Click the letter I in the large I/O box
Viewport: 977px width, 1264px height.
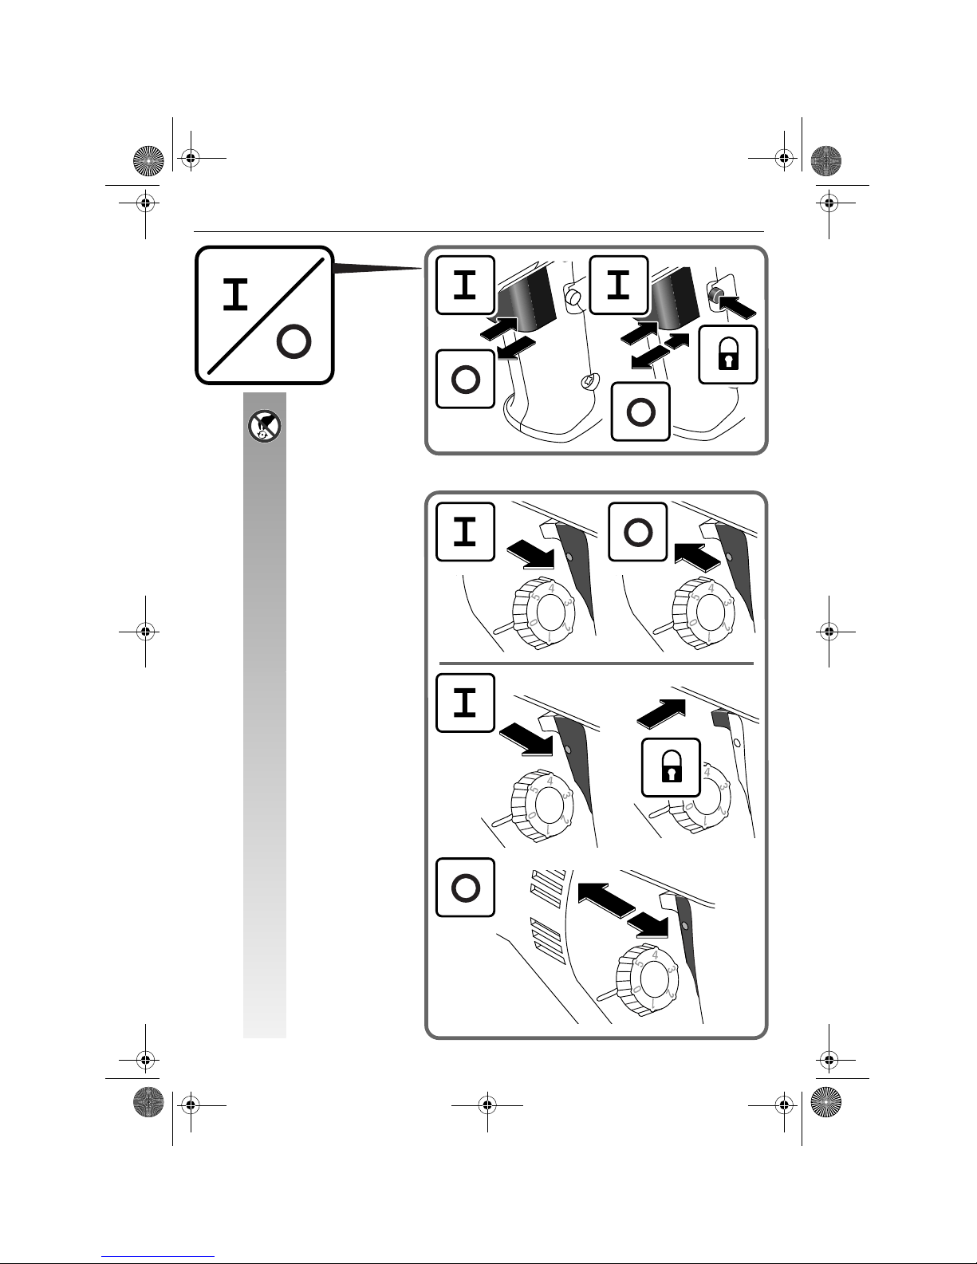coord(234,295)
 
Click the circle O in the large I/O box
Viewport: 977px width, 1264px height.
coord(293,343)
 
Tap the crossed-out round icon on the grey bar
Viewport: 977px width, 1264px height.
coord(264,429)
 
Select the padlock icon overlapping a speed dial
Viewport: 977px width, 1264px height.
coord(672,767)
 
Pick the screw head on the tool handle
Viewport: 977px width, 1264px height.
coord(589,382)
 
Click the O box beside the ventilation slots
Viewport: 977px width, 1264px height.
coord(465,888)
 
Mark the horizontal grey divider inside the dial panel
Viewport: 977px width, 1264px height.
coord(597,663)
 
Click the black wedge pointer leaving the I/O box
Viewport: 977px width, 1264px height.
coord(375,270)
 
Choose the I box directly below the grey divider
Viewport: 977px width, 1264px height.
coord(465,703)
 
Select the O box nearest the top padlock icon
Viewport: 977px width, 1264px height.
coord(640,411)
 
